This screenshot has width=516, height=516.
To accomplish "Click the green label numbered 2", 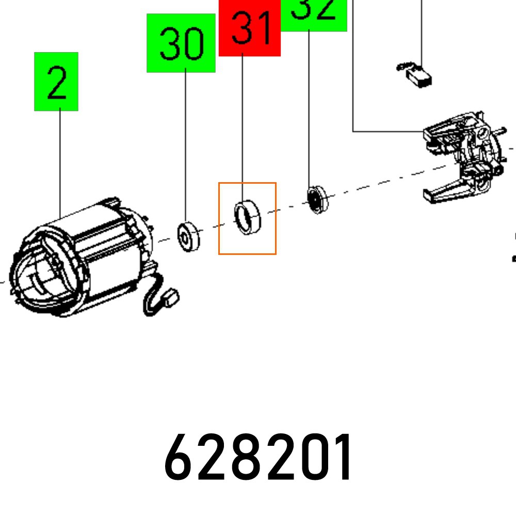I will (56, 82).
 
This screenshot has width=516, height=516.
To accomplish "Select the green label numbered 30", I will (181, 43).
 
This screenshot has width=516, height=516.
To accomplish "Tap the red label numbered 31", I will (250, 28).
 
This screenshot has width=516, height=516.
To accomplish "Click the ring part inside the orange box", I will (248, 217).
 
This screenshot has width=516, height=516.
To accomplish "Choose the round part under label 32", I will (316, 199).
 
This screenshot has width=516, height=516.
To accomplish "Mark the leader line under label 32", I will (309, 108).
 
